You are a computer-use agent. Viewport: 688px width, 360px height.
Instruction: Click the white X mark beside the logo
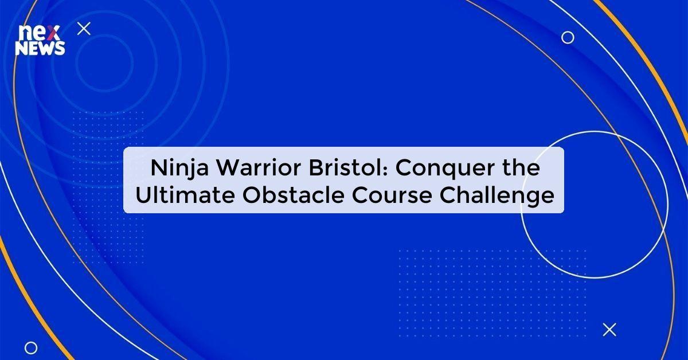click(x=84, y=28)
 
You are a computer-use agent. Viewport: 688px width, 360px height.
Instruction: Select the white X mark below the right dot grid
click(x=609, y=329)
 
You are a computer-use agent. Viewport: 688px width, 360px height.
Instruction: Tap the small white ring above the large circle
click(x=568, y=37)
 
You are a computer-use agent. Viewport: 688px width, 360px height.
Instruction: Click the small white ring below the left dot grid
click(x=31, y=347)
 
